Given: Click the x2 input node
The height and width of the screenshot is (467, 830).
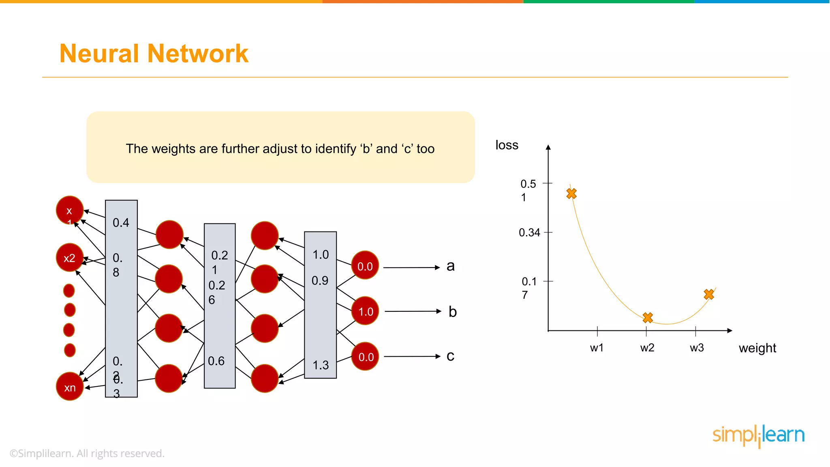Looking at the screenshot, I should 70,258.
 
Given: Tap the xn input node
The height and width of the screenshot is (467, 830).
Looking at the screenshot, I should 70,387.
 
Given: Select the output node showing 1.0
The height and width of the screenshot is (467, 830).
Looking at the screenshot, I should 365,311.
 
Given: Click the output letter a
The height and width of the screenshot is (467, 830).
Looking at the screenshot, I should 450,266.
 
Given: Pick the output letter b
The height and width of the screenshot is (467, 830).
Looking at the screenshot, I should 452,312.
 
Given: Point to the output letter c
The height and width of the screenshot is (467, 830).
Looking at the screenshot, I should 450,356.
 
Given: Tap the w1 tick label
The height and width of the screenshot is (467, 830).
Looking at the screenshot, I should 597,348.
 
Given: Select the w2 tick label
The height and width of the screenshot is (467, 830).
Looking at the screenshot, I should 647,348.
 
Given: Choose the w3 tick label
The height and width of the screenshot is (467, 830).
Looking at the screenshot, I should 697,348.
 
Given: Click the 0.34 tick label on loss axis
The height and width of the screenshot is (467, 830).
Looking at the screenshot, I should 529,233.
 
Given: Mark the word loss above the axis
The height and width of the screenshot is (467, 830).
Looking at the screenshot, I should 507,145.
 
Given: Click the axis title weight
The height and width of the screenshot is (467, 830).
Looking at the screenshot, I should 757,348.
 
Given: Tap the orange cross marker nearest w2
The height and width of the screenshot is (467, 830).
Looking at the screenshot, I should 648,317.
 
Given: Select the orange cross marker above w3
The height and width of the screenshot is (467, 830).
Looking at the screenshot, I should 709,294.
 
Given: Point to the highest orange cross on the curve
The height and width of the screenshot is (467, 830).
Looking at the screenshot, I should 571,194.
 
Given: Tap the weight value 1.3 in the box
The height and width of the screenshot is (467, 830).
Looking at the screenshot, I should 321,365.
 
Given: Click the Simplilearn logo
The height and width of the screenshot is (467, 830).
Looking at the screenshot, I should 758,436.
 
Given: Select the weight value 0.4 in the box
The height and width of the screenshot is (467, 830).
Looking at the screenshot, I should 121,223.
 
